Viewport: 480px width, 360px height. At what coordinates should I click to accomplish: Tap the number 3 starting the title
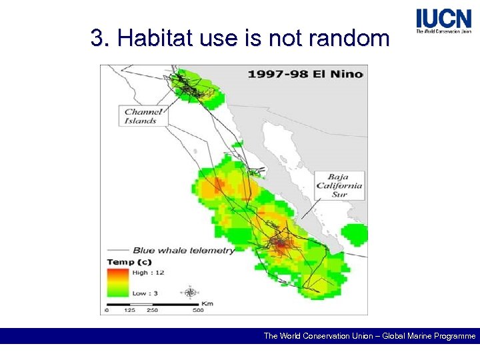97,39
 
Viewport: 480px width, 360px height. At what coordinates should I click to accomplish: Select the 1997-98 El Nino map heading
304,73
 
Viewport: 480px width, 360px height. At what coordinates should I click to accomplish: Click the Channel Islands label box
143,116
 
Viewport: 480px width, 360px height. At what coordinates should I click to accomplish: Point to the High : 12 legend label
149,272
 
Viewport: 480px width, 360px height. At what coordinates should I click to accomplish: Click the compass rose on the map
191,292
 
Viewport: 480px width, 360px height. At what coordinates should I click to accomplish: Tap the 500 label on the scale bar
198,310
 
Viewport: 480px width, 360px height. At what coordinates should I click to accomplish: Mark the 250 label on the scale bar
152,310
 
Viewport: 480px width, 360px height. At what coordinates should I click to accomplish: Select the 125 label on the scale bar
130,310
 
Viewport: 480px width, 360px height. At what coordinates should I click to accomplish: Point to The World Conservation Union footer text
317,336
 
